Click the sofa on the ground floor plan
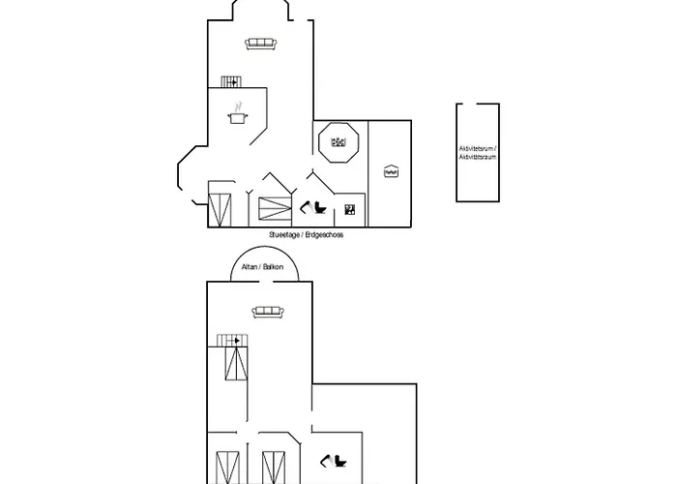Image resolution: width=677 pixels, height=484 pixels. click(261, 44)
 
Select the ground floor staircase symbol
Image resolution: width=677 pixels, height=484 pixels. click(230, 82)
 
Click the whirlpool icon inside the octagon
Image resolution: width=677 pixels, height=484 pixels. click(338, 142)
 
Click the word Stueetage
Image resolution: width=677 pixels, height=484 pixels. click(287, 235)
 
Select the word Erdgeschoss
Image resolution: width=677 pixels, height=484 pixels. click(327, 235)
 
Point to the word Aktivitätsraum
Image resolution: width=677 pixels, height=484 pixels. click(478, 156)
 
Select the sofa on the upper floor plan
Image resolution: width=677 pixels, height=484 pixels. click(266, 311)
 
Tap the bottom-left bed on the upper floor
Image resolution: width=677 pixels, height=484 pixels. click(229, 466)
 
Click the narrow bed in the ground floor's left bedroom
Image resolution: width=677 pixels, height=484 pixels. click(221, 209)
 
